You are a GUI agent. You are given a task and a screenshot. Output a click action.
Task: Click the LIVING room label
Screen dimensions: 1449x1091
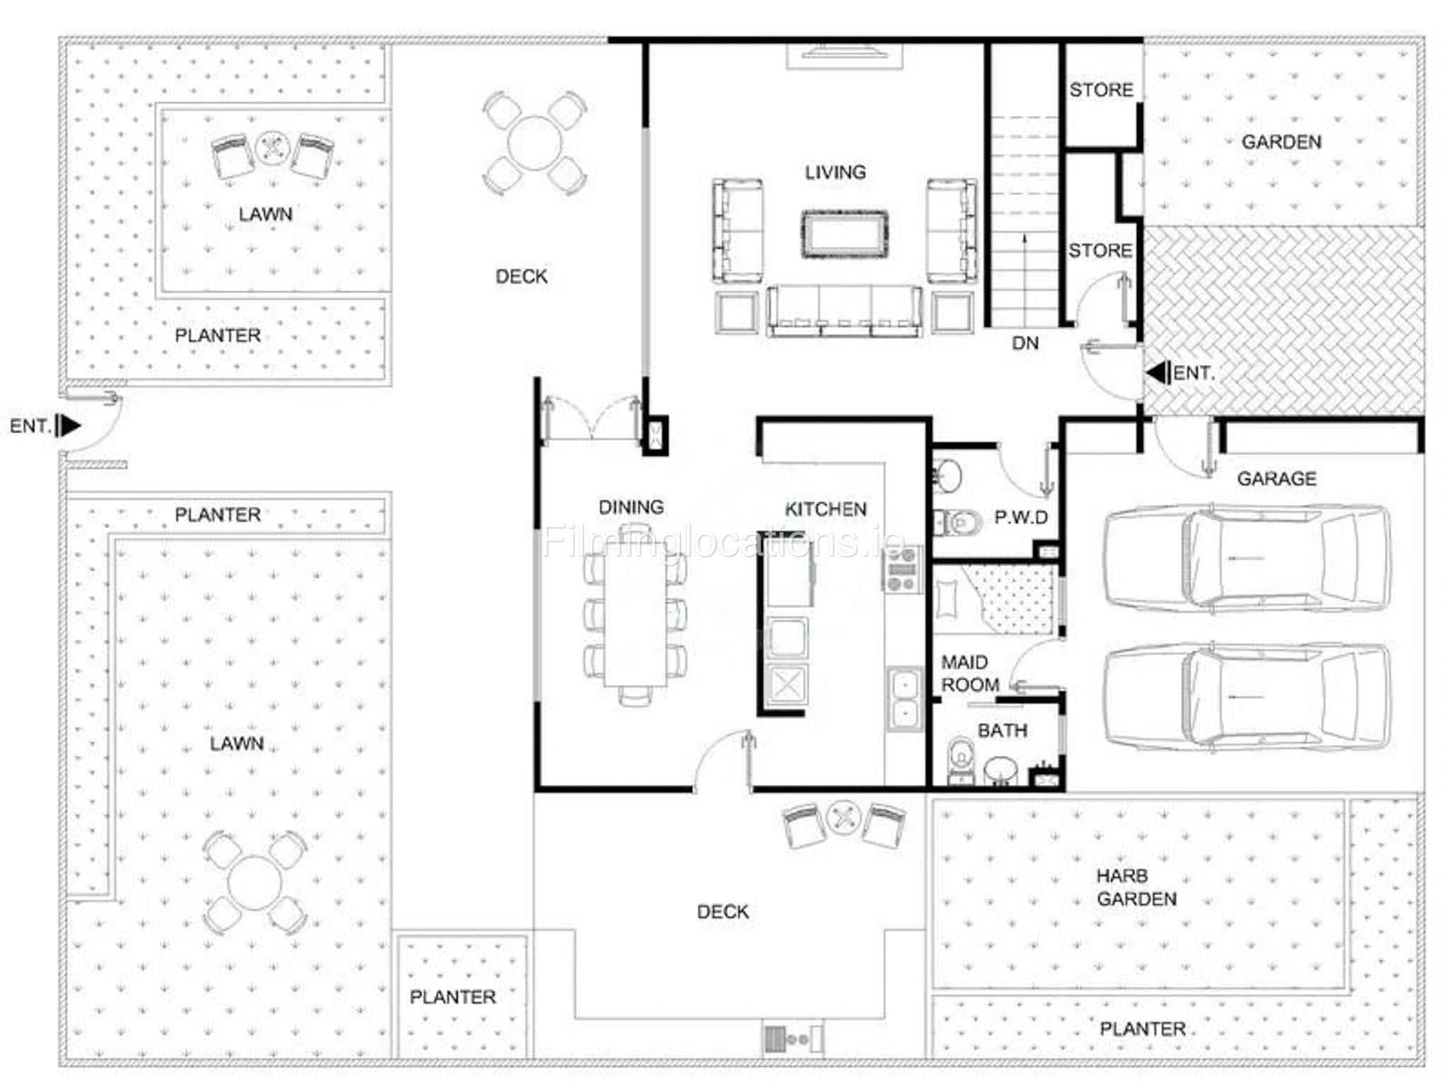point(835,172)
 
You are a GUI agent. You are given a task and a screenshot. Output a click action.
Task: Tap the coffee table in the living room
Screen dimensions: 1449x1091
point(844,234)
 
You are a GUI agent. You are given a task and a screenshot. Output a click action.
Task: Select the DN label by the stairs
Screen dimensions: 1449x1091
point(1025,343)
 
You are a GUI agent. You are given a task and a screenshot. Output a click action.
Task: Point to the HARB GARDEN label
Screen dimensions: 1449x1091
point(1136,887)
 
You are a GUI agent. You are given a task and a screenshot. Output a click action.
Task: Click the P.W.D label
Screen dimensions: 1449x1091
point(1021,517)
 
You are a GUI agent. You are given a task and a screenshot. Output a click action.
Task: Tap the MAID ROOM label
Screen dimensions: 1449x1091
point(970,674)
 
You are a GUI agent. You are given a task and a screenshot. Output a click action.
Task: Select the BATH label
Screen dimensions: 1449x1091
point(1002,730)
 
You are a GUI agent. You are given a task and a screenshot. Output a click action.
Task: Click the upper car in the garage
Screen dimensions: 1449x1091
point(1247,559)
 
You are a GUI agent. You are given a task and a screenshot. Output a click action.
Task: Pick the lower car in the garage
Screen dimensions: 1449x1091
point(1247,697)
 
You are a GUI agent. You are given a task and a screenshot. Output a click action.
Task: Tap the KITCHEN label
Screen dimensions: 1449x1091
point(826,509)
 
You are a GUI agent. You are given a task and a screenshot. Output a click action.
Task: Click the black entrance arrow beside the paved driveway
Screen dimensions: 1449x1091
point(1158,373)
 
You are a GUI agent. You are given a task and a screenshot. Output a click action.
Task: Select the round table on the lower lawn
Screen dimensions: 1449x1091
point(255,882)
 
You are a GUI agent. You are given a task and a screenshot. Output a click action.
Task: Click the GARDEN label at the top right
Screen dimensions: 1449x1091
point(1281,142)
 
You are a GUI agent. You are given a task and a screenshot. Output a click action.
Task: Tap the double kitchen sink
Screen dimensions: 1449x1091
point(905,699)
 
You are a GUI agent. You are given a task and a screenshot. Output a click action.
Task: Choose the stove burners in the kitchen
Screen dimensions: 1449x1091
point(902,569)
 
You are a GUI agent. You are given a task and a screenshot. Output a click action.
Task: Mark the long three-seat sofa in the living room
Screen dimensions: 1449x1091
point(844,311)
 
